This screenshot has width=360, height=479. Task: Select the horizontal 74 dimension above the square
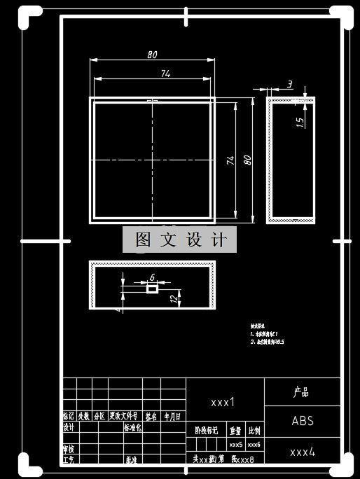166,74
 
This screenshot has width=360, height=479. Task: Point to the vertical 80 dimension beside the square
247,160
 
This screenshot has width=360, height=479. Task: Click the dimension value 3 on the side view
290,85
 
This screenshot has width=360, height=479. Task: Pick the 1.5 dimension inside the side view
300,121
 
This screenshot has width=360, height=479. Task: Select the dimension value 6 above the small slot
152,277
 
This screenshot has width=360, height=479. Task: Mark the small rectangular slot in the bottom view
152,289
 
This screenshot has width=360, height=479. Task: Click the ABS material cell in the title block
303,421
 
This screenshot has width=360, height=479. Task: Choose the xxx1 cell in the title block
223,402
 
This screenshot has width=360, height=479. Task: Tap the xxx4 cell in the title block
303,452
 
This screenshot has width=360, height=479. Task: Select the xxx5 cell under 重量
235,445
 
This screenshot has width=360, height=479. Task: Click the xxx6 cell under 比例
254,445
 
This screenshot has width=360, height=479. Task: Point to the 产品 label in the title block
301,393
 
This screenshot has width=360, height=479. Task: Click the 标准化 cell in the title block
132,427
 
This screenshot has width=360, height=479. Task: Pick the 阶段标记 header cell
207,431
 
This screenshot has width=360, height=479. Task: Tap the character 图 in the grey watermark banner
143,240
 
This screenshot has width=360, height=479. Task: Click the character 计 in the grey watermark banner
219,240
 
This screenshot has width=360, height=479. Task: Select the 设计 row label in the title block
69,427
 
